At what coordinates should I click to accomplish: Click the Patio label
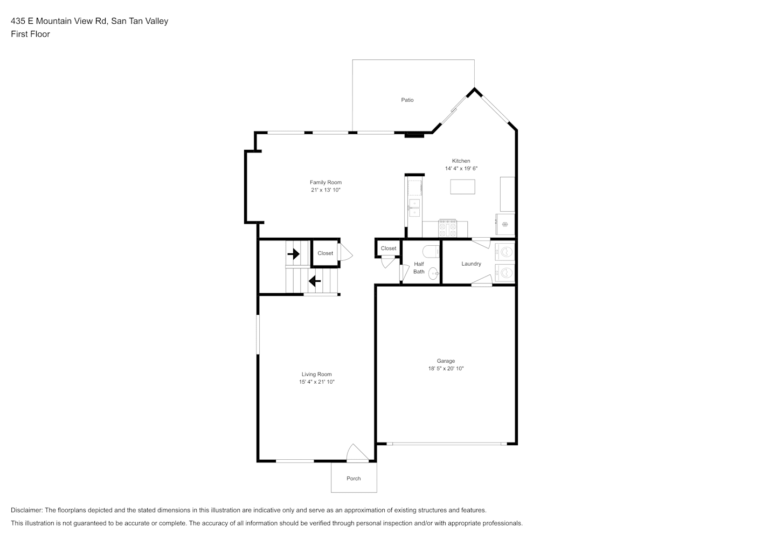click(x=407, y=100)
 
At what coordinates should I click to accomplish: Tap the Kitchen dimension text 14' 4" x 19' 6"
click(x=461, y=168)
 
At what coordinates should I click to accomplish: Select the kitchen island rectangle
click(x=462, y=187)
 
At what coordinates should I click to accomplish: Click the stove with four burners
click(x=448, y=228)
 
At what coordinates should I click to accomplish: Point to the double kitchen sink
click(x=414, y=208)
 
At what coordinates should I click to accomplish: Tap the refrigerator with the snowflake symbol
click(x=505, y=224)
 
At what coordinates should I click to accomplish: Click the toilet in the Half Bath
click(x=431, y=252)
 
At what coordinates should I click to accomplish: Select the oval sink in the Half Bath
click(x=433, y=274)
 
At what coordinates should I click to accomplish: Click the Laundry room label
click(x=471, y=264)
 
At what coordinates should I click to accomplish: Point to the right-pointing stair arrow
click(x=293, y=254)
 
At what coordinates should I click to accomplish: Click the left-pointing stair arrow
click(x=315, y=281)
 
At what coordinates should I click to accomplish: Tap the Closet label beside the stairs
click(x=325, y=253)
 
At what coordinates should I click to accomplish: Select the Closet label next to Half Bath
click(x=389, y=248)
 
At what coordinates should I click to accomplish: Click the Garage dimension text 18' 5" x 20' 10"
click(x=446, y=369)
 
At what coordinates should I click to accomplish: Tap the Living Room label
click(x=317, y=374)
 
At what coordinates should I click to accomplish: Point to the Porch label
click(x=354, y=479)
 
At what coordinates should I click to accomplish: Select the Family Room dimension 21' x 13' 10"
click(x=325, y=190)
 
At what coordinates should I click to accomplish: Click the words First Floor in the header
click(x=30, y=34)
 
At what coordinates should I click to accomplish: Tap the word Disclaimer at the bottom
click(x=27, y=510)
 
